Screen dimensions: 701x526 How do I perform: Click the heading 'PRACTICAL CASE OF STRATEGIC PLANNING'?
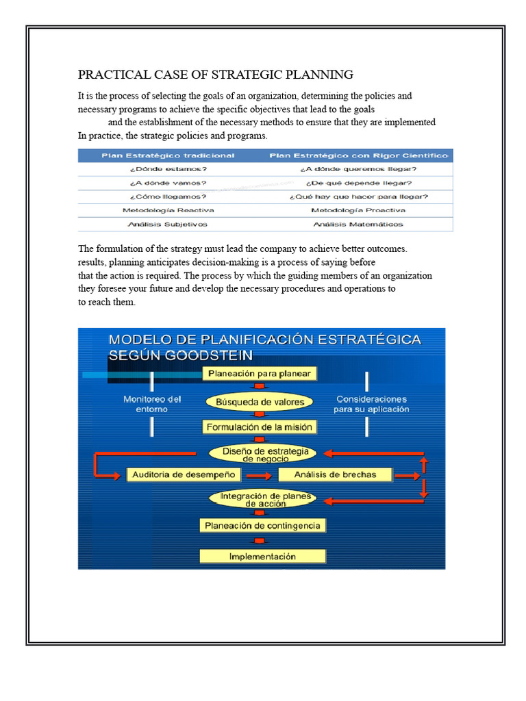[216, 75]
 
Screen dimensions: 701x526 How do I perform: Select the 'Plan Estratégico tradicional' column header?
[168, 155]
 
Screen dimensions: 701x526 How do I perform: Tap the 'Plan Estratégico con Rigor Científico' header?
[359, 155]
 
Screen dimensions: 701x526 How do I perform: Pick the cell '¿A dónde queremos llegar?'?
[358, 168]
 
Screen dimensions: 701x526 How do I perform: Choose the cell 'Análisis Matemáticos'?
[358, 224]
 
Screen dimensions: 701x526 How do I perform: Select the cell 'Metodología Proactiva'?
[358, 210]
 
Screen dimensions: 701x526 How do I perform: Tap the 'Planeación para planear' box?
[260, 374]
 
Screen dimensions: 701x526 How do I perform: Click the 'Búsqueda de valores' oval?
[260, 401]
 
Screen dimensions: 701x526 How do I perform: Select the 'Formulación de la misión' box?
[260, 427]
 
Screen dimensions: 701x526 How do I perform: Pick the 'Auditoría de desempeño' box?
[184, 474]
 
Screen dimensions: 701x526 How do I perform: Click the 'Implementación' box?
[262, 556]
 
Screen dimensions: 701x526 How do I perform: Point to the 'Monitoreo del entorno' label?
[152, 404]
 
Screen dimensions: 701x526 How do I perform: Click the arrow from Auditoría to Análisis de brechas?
[259, 475]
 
